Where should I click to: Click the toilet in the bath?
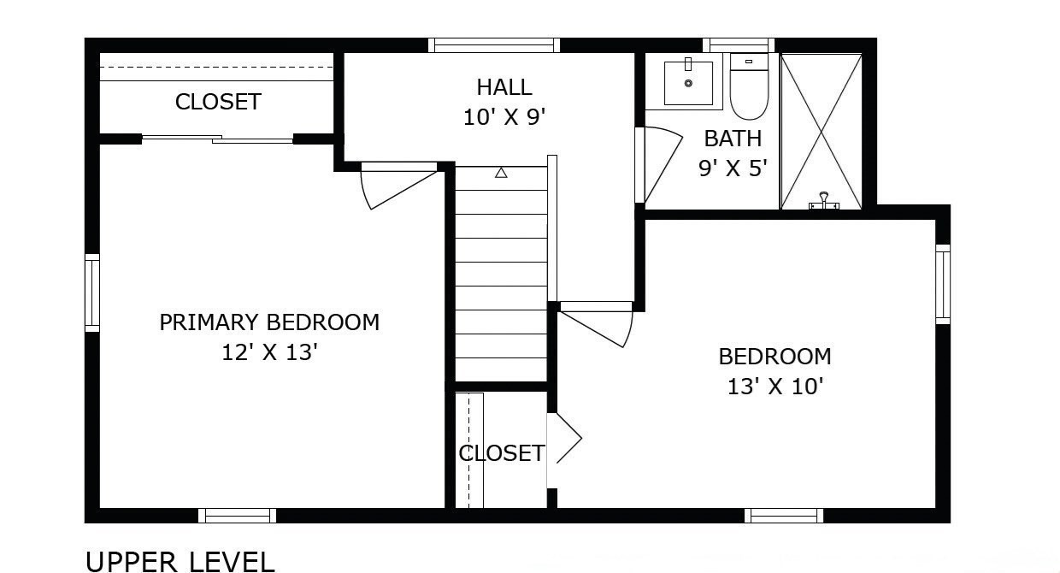point(749,87)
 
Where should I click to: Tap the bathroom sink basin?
point(688,83)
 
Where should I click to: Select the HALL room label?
point(504,86)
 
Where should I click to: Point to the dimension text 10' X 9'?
point(504,117)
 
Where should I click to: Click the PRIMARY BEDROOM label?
point(269,322)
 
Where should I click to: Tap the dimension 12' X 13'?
point(269,352)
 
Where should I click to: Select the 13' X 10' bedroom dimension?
point(774,386)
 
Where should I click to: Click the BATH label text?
point(733,139)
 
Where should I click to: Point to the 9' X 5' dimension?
point(733,168)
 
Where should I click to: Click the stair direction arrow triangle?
point(501,173)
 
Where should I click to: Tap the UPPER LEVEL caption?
point(180,561)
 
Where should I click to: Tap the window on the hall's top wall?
point(494,45)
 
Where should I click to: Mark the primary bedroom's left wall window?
point(92,292)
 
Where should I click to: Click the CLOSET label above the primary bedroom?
point(218,102)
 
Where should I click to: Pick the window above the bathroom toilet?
point(738,45)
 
